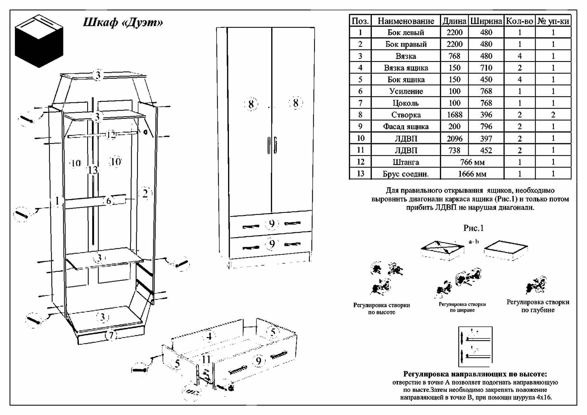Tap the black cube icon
tap(39, 41)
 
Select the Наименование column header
tap(406, 21)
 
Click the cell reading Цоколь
tap(406, 103)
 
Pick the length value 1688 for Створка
tap(454, 115)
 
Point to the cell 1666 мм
tap(472, 174)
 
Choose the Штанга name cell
tap(406, 162)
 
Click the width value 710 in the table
tap(486, 68)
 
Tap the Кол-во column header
tap(519, 21)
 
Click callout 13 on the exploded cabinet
tap(93, 170)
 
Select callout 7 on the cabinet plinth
tap(111, 335)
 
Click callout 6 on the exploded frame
tap(109, 201)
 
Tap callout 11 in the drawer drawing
tap(206, 359)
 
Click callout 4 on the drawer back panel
tap(209, 337)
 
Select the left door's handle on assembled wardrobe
tap(269, 145)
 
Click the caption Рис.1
tap(473, 228)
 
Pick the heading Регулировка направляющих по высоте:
tap(475, 374)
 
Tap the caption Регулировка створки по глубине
tap(538, 306)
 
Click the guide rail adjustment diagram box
tap(475, 346)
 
